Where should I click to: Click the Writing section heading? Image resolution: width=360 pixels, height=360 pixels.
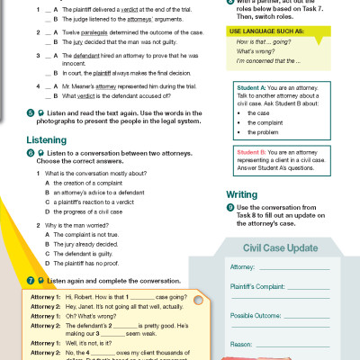(241, 193)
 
